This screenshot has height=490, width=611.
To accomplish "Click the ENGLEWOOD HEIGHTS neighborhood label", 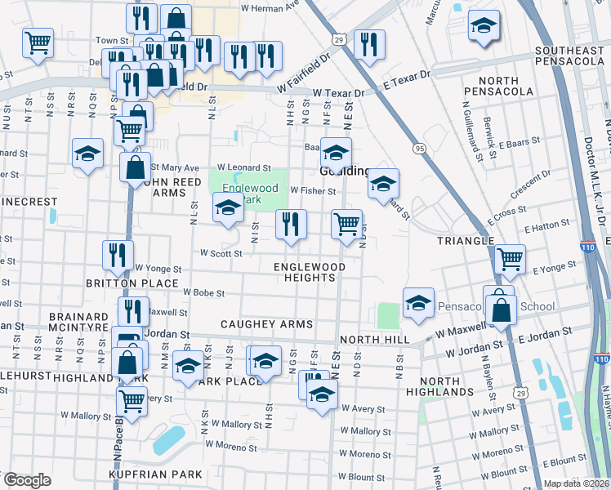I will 309,272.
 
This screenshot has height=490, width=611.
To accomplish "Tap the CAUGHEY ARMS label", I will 266,324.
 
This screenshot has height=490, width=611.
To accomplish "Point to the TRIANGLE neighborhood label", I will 466,241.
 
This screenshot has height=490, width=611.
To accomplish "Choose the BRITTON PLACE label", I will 132,283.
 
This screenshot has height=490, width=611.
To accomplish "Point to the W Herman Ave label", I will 270,8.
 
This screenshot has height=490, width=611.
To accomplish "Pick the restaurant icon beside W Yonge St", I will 118,255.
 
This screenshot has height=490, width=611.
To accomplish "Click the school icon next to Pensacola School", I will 417,302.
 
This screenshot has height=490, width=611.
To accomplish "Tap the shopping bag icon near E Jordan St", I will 501,310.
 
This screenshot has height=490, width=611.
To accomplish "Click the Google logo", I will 26,480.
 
